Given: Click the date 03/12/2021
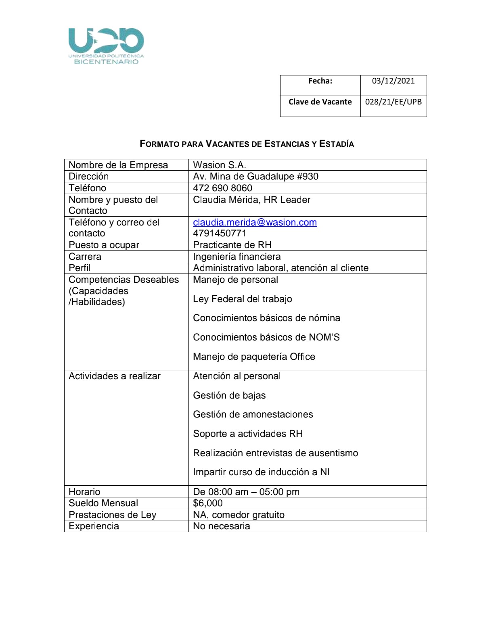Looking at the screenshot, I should point(393,81).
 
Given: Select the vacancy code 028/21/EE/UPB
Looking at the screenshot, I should point(393,102).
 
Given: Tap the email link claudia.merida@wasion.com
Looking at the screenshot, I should point(255,222).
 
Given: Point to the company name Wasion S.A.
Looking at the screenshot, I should point(220,165).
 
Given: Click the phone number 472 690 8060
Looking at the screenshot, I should point(222,188).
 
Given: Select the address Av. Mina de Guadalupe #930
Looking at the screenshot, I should point(255,176).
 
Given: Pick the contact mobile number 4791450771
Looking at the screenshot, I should point(220,233).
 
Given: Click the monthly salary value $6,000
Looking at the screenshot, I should point(208,503).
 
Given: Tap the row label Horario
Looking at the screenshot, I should point(84,492).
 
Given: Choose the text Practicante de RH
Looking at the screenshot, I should point(232,245).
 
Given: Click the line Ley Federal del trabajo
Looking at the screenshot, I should point(242,299).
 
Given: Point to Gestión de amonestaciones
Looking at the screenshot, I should point(253,414).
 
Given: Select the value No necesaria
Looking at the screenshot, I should point(222,526).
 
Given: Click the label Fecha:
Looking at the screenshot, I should point(320,81).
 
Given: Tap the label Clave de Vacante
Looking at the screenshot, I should point(320,102).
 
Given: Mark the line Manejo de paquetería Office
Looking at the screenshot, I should point(254,357).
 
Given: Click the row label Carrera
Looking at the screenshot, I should point(85,257).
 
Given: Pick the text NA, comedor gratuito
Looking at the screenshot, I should point(239,515).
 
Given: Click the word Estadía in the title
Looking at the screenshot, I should point(337,144).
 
